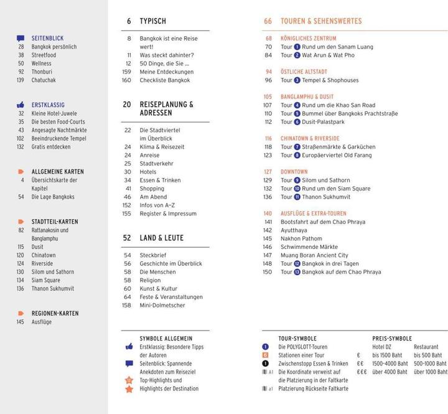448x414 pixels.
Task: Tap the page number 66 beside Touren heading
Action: (268, 21)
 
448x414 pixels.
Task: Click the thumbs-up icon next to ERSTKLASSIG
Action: (21, 105)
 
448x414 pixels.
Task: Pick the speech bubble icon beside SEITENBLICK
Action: (21, 39)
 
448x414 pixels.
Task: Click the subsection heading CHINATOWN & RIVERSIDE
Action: (310, 138)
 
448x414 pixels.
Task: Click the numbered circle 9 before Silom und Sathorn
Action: (297, 181)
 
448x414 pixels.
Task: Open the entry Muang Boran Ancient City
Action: (314, 255)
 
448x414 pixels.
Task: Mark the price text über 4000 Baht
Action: (390, 372)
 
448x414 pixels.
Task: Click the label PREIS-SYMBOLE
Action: (392, 339)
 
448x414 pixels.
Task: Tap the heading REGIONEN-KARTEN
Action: (55, 313)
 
